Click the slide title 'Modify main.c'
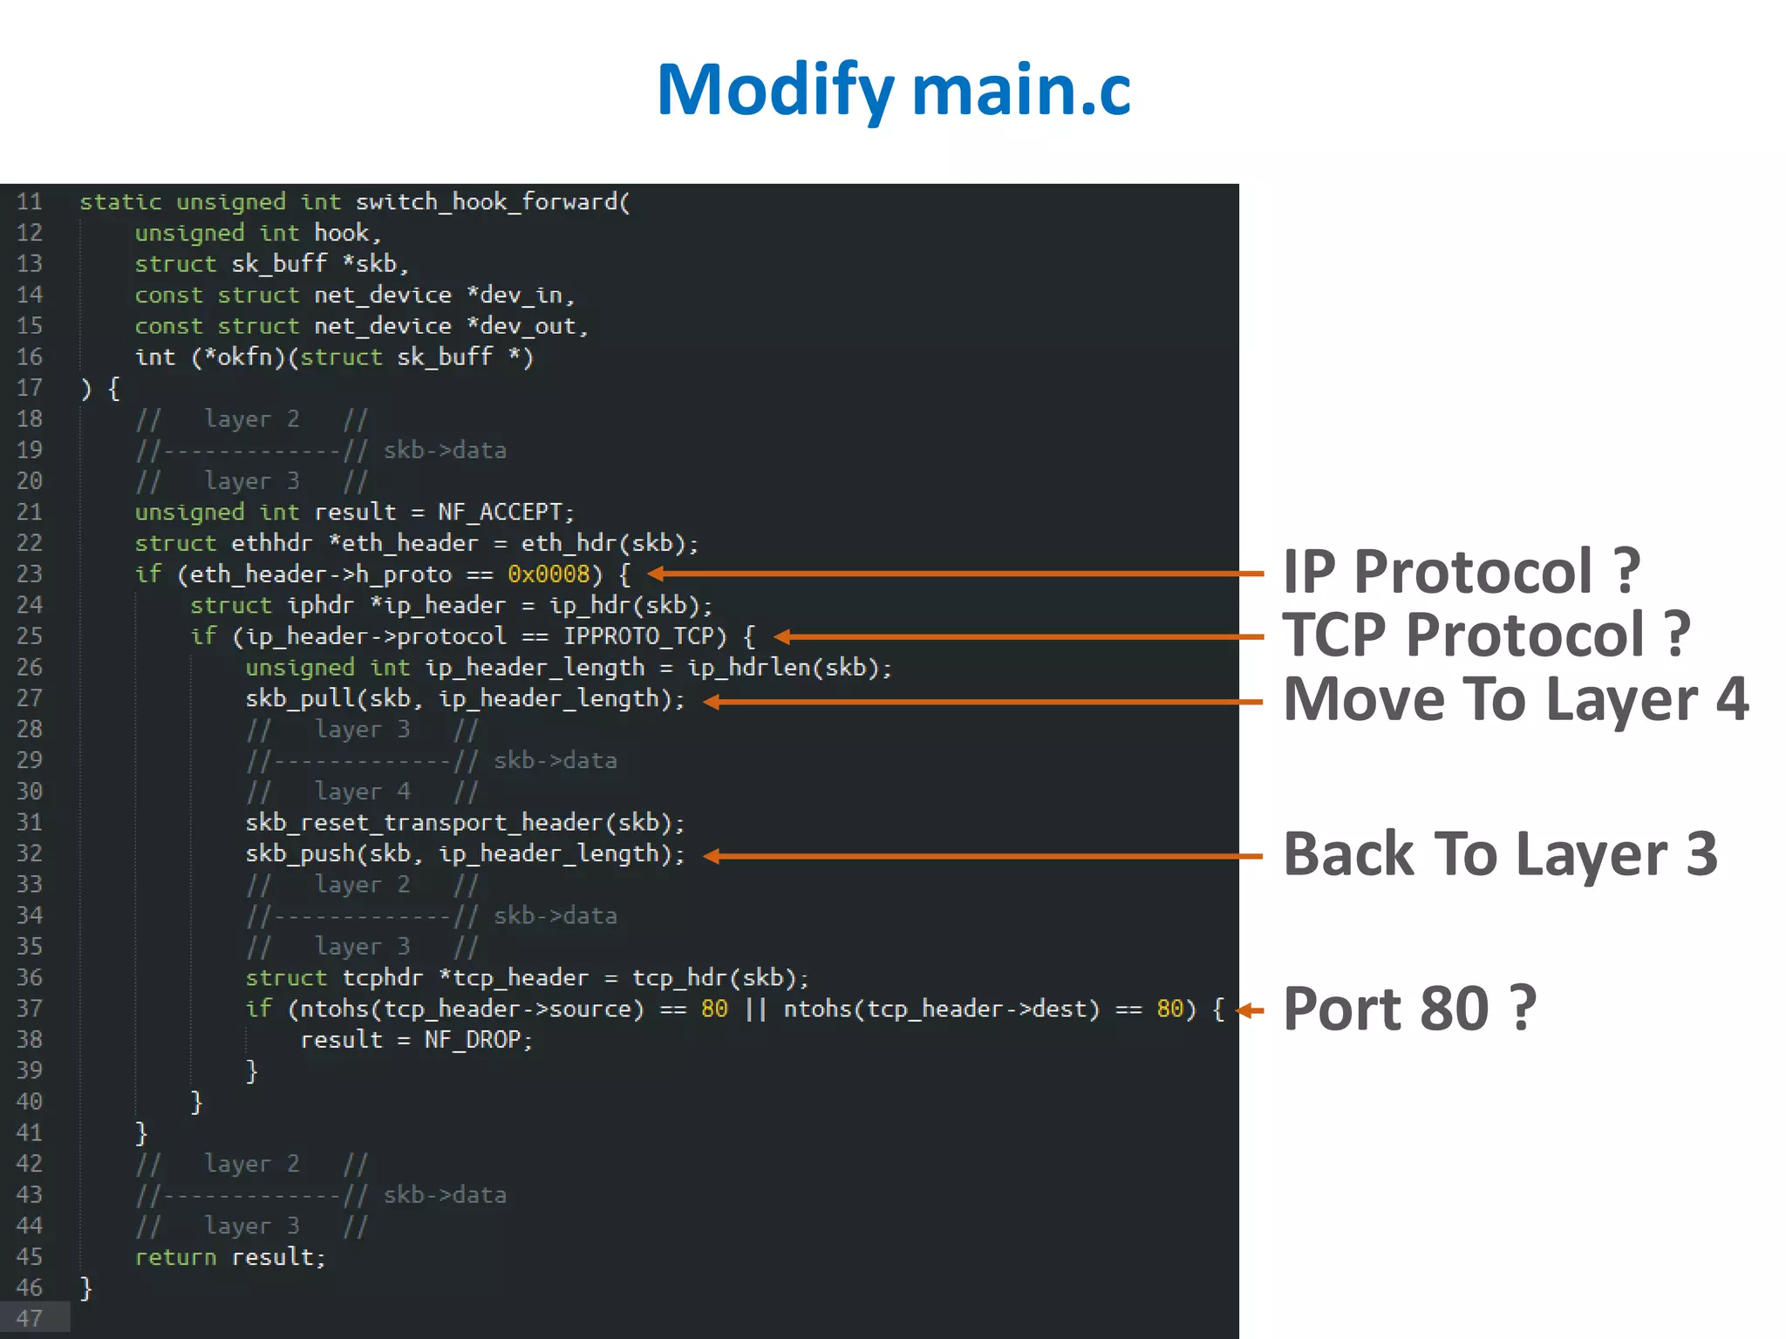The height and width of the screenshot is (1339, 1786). (893, 90)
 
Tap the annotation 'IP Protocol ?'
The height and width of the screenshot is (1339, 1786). (1461, 572)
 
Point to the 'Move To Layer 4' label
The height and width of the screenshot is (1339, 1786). (1516, 699)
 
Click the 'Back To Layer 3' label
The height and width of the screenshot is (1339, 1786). (1500, 854)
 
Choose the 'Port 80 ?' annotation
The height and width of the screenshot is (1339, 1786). (1408, 1009)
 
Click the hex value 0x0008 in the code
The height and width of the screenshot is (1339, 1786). (549, 574)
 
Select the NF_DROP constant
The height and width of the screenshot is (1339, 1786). (473, 1040)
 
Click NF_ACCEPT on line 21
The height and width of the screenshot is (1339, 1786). (500, 512)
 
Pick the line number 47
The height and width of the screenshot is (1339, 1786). (30, 1318)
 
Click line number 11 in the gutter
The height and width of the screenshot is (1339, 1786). (30, 202)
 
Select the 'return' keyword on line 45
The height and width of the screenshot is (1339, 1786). (175, 1257)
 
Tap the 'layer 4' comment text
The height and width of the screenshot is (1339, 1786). (362, 792)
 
